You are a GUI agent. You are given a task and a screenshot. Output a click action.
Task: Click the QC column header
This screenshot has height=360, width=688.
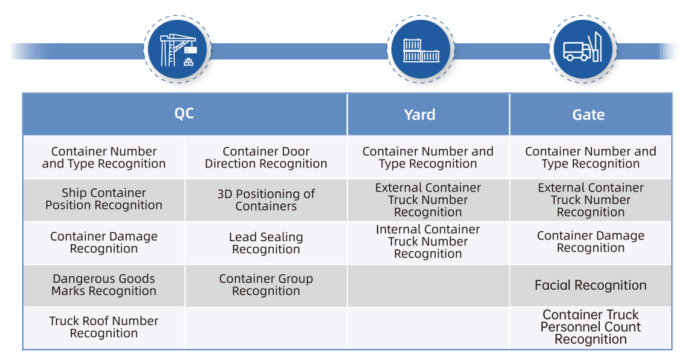point(184,113)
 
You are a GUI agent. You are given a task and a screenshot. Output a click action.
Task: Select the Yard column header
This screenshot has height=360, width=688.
point(420,115)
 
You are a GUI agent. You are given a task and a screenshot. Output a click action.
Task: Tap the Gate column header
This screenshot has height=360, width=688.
point(588,115)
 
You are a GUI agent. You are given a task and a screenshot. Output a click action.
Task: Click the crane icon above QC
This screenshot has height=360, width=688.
point(178,50)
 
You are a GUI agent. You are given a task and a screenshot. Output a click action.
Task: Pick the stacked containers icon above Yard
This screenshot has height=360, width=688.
point(421,50)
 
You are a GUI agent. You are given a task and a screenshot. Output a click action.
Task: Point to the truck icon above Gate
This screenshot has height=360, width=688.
point(582,47)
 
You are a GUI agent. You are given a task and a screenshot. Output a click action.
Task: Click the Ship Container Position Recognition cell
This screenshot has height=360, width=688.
point(104,199)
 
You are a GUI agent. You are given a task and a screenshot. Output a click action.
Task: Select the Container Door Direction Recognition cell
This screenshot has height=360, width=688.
point(266,157)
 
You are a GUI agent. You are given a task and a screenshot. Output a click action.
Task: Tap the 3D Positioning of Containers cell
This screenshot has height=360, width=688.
point(266,200)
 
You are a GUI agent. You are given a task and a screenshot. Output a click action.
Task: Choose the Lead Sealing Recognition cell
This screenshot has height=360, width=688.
point(266,243)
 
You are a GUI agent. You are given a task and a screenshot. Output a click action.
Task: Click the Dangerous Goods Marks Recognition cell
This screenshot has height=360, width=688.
point(104,284)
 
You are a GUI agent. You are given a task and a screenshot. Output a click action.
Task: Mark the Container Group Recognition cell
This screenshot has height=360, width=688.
point(266,284)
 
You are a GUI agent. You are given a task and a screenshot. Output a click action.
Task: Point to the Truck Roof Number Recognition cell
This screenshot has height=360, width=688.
point(104,327)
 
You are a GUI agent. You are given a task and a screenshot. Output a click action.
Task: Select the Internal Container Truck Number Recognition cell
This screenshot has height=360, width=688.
point(428,242)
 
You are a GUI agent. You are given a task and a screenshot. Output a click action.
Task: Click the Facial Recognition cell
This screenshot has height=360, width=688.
point(591,285)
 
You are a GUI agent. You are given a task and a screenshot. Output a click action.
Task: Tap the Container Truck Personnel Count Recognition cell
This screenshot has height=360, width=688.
point(591,326)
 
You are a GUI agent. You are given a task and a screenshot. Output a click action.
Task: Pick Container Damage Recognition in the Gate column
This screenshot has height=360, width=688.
point(591,242)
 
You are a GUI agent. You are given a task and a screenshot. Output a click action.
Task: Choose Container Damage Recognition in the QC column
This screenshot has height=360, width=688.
point(104,242)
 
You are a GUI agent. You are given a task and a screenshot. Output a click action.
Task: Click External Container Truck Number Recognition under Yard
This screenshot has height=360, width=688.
point(428,200)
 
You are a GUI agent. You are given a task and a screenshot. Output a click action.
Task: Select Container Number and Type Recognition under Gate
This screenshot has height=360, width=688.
point(591,157)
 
